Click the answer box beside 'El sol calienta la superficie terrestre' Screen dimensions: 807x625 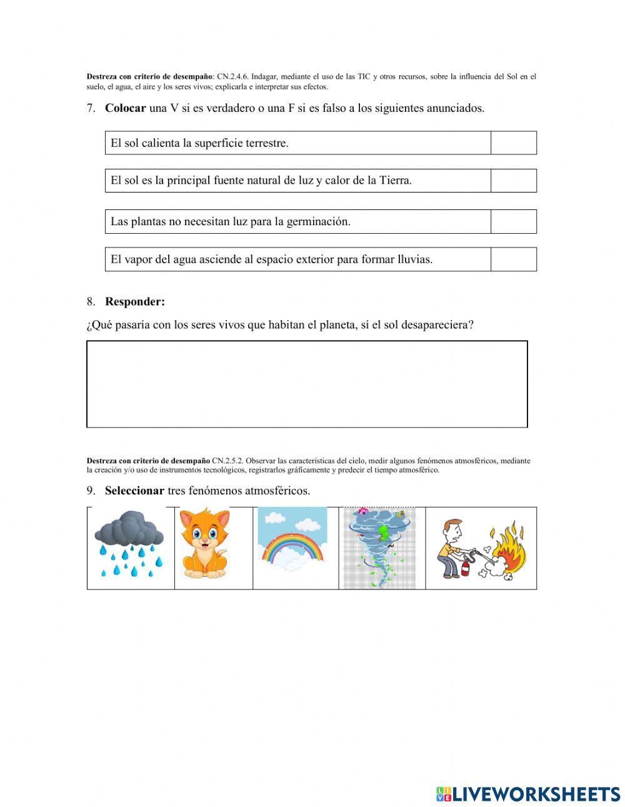513,143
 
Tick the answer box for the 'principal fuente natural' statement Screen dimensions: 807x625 513,181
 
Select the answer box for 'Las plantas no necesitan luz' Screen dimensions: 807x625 513,221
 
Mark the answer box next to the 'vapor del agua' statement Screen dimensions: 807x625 513,259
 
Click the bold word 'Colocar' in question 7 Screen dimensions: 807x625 125,108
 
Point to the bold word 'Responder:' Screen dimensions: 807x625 135,302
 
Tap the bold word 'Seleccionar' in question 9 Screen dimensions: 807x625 134,491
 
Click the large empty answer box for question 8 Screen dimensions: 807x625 307,384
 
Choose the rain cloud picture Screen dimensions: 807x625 129,544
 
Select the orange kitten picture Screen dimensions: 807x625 205,544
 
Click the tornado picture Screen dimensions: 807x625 379,548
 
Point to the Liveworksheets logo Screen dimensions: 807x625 527,794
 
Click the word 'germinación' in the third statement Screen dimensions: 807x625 318,222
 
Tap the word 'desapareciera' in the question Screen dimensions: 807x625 437,325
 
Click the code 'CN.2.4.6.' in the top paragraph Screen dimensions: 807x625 232,77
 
